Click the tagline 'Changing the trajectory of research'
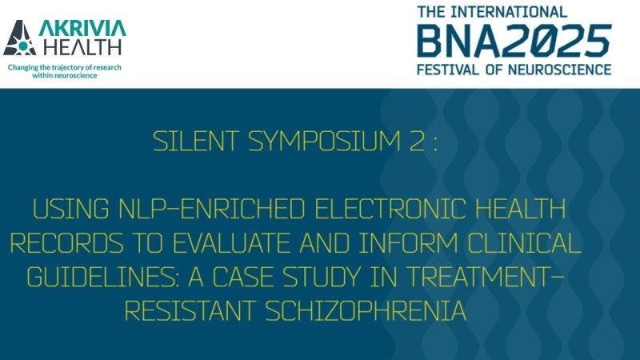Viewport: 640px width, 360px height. pyautogui.click(x=65, y=67)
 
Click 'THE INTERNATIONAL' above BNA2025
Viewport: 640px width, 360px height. pyautogui.click(x=492, y=11)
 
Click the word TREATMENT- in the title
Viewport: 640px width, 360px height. pyautogui.click(x=501, y=277)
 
